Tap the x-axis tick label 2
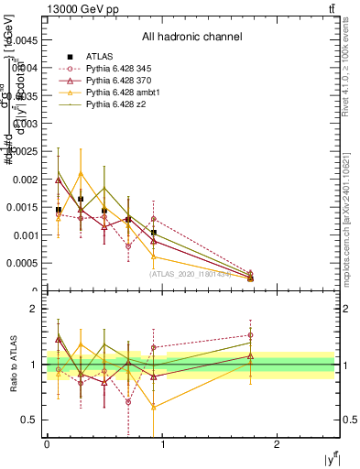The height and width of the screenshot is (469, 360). tap(277, 443)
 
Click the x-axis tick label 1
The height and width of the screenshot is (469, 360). tap(162, 443)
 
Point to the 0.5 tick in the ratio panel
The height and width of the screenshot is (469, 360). tap(34, 420)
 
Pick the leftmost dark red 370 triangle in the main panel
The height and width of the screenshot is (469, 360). tap(59, 180)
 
